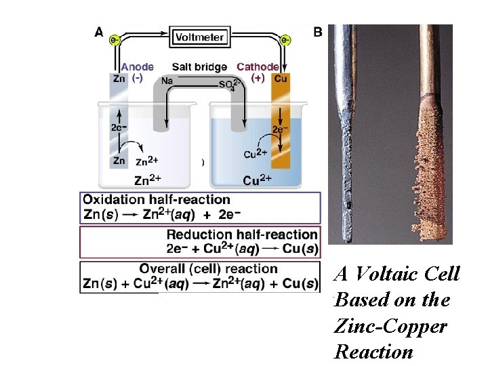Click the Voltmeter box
(199, 37)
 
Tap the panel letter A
(99, 31)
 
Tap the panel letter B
(318, 31)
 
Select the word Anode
(137, 67)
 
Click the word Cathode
(257, 67)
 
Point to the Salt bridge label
(199, 67)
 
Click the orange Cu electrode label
(281, 79)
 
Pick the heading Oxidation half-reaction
(157, 200)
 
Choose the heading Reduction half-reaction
(242, 235)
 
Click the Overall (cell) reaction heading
(209, 269)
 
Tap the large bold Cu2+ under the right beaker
(258, 180)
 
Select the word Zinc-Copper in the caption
(390, 326)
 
